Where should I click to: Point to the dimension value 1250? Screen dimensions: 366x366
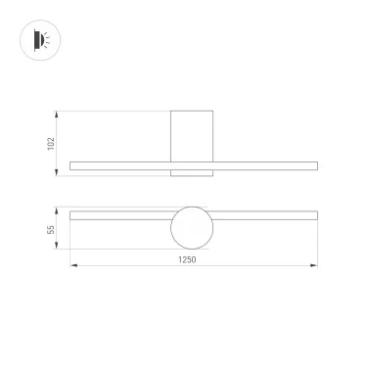click(x=187, y=259)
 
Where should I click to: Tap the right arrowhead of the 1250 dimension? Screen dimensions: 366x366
click(x=313, y=265)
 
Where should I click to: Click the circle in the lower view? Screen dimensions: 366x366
click(x=192, y=227)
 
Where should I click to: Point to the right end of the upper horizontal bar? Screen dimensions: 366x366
click(x=314, y=166)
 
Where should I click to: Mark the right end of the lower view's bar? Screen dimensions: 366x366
click(x=314, y=214)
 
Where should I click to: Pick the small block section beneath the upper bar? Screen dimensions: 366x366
click(x=192, y=174)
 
